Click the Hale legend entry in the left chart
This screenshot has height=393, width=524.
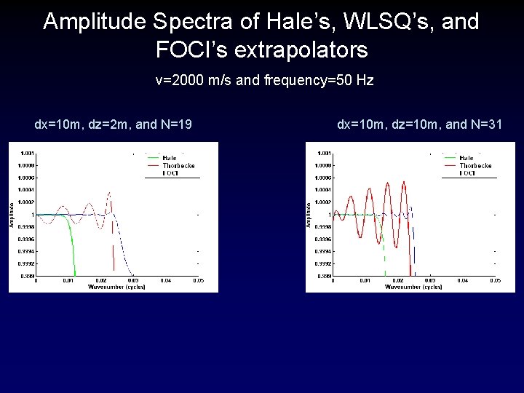[169, 158]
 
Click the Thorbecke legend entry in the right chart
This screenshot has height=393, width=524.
[475, 165]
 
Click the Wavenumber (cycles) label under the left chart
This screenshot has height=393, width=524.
[116, 287]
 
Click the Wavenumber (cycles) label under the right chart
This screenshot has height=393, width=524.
[413, 287]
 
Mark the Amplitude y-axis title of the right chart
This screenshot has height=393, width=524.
[309, 214]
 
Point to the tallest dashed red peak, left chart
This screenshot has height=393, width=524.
[108, 193]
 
